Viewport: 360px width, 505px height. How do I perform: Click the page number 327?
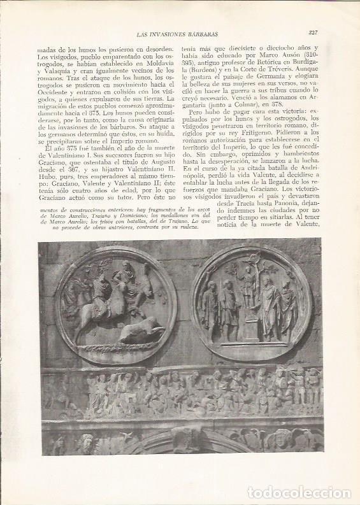[x=313, y=32]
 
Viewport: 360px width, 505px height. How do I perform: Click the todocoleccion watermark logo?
[x=299, y=492]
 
